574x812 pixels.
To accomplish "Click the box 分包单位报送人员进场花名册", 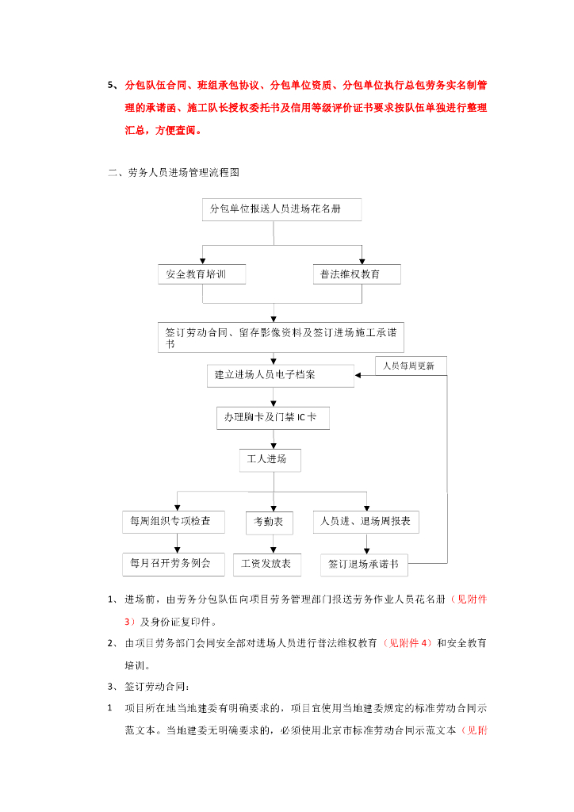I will point(281,209).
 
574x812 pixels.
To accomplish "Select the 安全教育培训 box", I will point(201,274).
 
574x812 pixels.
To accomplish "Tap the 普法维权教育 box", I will point(356,274).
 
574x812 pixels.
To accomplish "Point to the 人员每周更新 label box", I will point(410,366).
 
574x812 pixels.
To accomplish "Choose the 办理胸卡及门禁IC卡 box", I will point(273,417).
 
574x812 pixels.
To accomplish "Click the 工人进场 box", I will point(270,460).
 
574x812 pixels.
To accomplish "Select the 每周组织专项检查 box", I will point(172,522).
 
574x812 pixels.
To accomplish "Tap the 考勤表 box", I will point(269,522).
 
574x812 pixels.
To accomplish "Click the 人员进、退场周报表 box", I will point(365,522).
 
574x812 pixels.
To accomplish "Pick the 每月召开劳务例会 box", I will point(172,564).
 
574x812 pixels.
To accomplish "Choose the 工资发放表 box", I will point(266,564).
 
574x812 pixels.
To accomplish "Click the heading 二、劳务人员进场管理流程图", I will point(174,172).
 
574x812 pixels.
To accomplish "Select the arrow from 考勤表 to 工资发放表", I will point(274,543).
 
